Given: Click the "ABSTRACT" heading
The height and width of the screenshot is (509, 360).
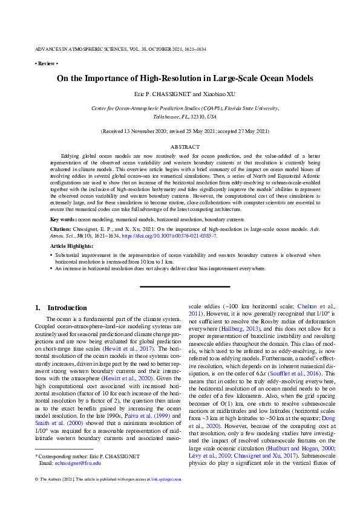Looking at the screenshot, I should pos(185,147).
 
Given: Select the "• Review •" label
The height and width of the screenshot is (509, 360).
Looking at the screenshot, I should pos(46,63).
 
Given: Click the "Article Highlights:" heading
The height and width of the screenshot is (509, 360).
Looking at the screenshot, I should pos(72,245).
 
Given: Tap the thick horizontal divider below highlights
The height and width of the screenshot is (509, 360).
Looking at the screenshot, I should pos(185,286).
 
